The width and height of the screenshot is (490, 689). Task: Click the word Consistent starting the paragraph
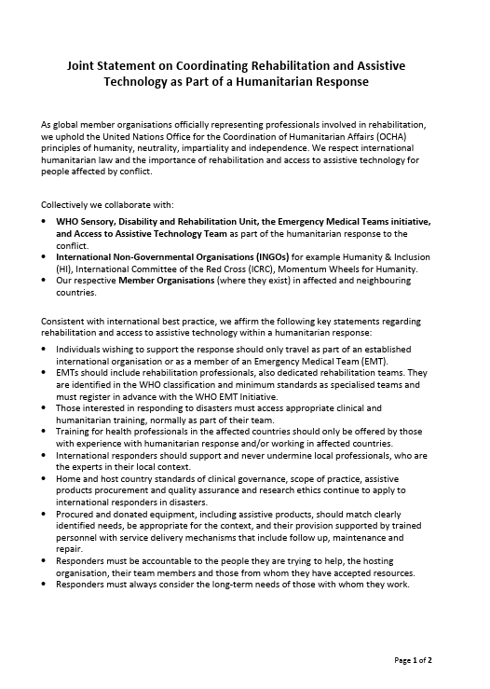[x=65, y=321]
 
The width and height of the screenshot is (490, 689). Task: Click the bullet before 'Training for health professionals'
[x=47, y=433]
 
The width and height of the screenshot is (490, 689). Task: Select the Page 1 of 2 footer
[x=414, y=660]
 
